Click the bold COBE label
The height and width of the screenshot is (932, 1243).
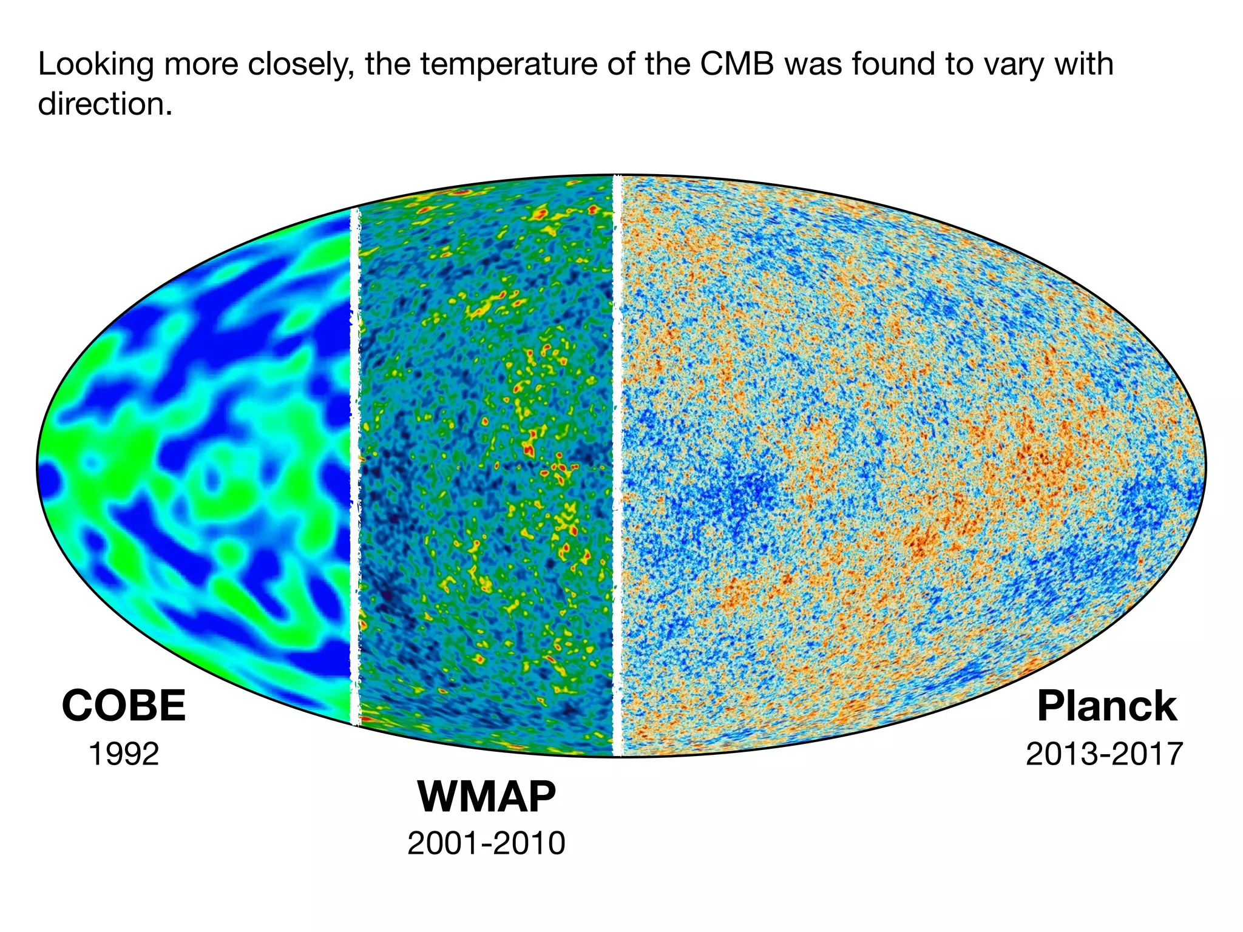pyautogui.click(x=124, y=706)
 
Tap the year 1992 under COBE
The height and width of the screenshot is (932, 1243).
pyautogui.click(x=124, y=754)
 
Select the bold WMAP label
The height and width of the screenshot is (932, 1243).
pyautogui.click(x=487, y=796)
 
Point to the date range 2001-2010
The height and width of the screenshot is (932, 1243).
pyautogui.click(x=487, y=843)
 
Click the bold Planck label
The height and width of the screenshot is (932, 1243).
pyautogui.click(x=1107, y=706)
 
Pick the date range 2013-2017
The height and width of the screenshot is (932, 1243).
pyautogui.click(x=1104, y=754)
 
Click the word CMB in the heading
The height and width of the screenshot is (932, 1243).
pyautogui.click(x=737, y=64)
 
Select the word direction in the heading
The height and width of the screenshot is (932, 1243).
pyautogui.click(x=104, y=104)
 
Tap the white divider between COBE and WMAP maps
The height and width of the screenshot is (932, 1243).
pyautogui.click(x=355, y=467)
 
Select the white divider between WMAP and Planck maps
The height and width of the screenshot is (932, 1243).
pyautogui.click(x=618, y=467)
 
